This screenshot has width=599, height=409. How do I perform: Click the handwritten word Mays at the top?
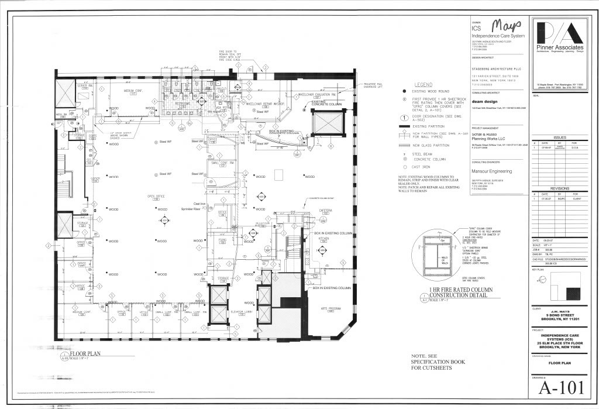pyautogui.click(x=505, y=26)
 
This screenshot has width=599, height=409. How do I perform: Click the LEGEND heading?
pyautogui.click(x=423, y=85)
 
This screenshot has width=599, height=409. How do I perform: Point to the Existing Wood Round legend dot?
pyautogui.click(x=404, y=92)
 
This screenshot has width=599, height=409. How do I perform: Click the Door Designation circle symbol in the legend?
pyautogui.click(x=404, y=116)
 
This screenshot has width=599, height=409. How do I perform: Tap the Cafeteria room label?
pyautogui.click(x=326, y=209)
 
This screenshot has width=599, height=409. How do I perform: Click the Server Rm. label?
pyautogui.click(x=81, y=85)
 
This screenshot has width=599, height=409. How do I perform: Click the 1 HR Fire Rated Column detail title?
pyautogui.click(x=461, y=292)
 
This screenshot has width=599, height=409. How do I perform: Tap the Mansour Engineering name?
pyautogui.click(x=491, y=171)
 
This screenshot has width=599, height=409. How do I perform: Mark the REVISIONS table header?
pyautogui.click(x=559, y=188)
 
